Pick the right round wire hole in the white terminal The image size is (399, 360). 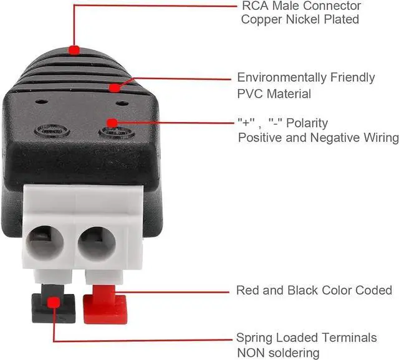(x=97, y=240)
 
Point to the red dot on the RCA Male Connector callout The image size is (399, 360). (x=74, y=49)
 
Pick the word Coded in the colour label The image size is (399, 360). (x=373, y=290)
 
